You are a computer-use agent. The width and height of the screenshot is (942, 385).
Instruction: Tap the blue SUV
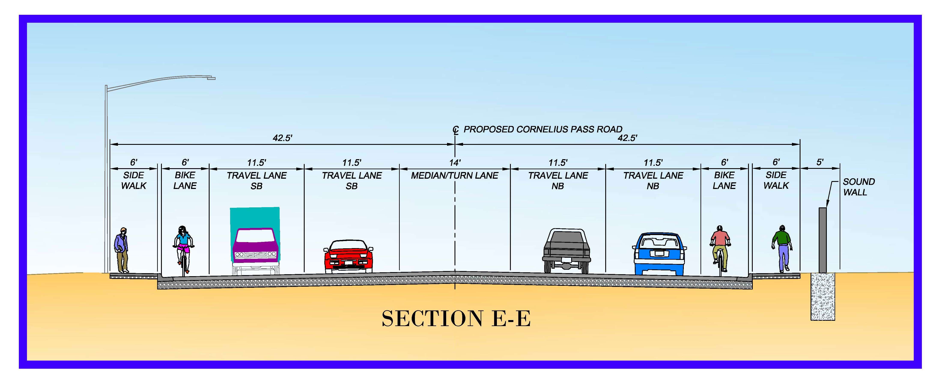point(659,254)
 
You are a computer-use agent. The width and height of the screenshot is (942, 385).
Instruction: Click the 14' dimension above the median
point(455,162)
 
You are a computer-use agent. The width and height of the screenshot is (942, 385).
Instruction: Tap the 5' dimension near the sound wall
point(820,162)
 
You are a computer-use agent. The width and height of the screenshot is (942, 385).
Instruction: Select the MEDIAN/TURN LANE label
point(455,176)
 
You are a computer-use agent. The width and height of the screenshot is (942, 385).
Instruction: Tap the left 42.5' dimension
point(282,138)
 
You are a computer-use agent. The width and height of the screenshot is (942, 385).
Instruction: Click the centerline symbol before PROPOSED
point(456,130)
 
